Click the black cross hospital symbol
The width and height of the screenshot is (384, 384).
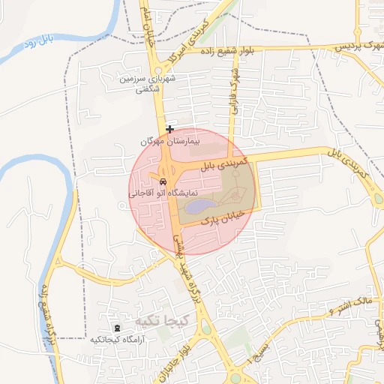point(169,129)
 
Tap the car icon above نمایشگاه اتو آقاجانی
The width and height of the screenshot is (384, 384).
point(163,182)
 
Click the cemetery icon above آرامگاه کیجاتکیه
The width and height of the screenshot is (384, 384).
point(116,328)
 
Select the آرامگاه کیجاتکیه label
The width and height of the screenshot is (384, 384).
point(117,340)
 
